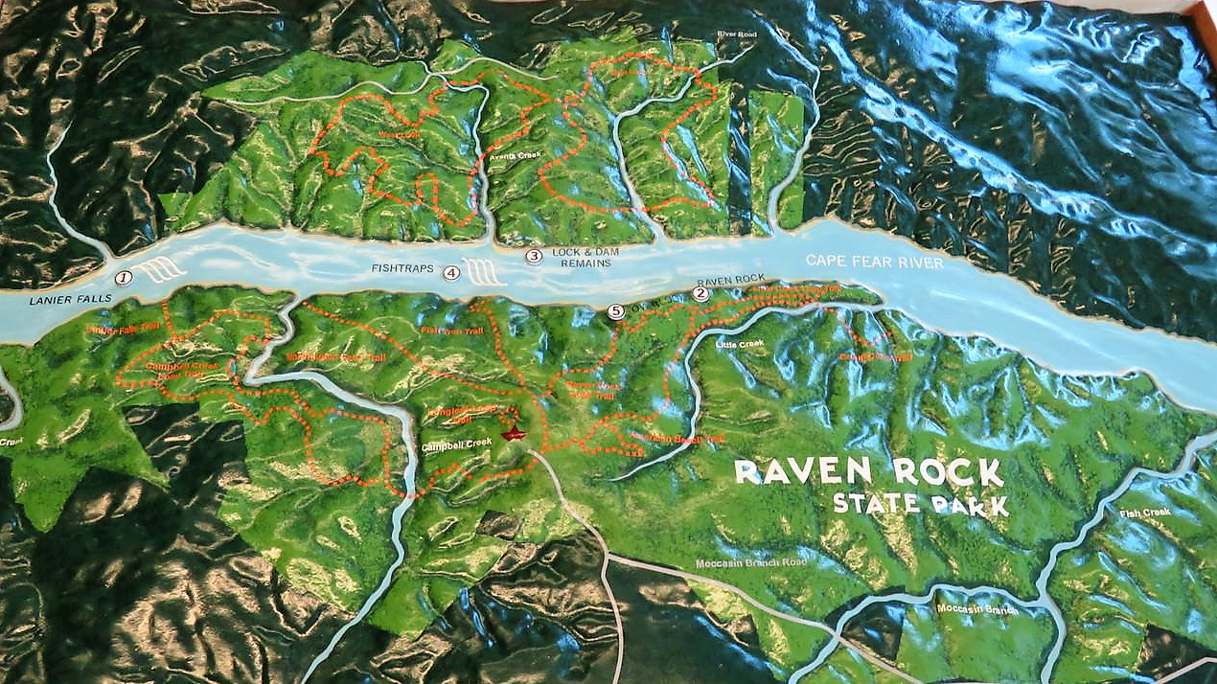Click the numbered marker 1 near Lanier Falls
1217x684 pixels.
click(123, 279)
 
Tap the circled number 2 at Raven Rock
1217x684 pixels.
click(700, 294)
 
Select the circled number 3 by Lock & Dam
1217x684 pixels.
click(535, 256)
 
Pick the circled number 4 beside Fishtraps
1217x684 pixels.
click(451, 272)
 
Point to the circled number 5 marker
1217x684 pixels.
click(616, 310)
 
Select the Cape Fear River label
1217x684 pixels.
click(874, 262)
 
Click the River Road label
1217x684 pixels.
click(737, 35)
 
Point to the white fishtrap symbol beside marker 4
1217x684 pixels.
click(485, 272)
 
